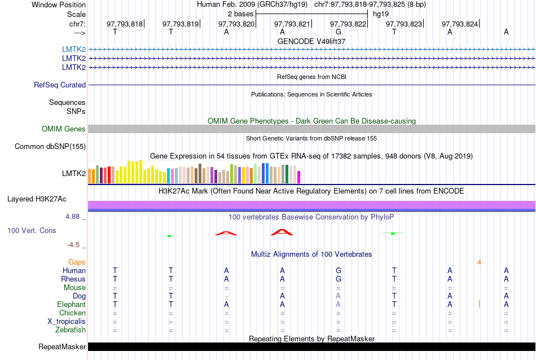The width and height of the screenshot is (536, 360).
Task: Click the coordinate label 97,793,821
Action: coord(292,24)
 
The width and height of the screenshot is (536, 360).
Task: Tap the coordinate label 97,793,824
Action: coord(460,24)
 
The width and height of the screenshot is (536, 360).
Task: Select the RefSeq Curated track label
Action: coord(60,85)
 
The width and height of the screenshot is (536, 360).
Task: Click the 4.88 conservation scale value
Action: coord(75,216)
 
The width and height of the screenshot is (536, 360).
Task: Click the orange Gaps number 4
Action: coord(479,262)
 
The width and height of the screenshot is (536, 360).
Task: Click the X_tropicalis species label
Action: coord(67,321)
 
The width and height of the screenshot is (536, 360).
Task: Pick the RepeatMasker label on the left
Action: coord(62,346)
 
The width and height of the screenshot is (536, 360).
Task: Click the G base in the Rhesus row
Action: coord(339,279)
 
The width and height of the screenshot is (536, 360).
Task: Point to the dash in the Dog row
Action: coord(226,296)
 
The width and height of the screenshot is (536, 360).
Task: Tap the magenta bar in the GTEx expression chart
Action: coord(299,177)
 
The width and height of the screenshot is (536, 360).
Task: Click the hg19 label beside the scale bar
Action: coord(381,14)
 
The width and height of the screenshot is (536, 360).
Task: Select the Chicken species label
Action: coord(73,313)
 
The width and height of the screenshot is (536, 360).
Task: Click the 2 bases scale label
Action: coord(240,14)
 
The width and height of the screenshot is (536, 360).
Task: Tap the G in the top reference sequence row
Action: coord(339,32)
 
